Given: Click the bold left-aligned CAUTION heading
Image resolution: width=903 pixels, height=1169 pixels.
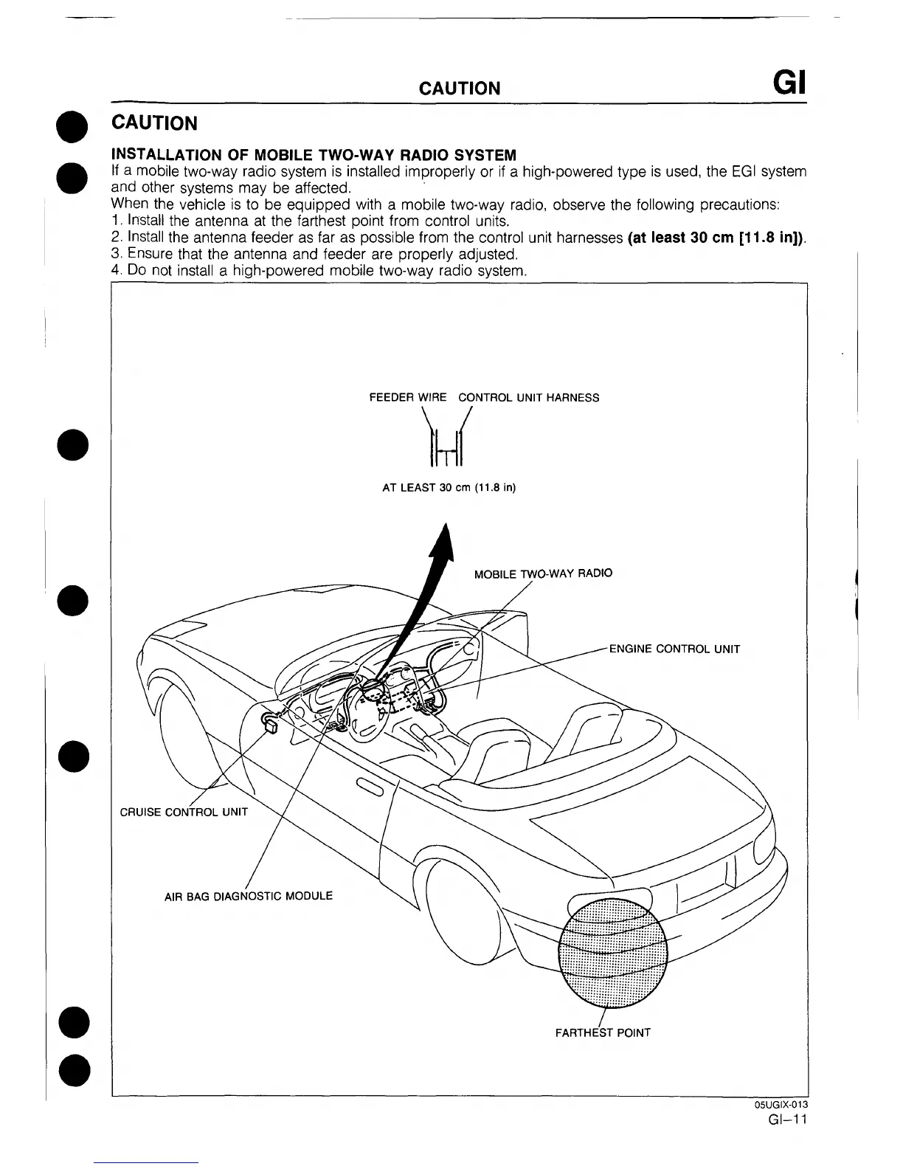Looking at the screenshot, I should point(154,123).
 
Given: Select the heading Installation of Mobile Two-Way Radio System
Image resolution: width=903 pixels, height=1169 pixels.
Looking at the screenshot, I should point(314,155).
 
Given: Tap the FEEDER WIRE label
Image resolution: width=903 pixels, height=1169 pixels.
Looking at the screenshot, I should point(407,398).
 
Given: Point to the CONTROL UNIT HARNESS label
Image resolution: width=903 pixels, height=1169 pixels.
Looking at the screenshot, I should point(529,398).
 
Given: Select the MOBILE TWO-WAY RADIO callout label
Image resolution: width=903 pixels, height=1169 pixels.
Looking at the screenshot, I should point(543,573).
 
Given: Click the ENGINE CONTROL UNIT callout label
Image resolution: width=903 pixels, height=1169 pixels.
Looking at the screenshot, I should point(674,649).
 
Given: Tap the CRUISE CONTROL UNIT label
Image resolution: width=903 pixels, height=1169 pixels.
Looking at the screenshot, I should point(184,813).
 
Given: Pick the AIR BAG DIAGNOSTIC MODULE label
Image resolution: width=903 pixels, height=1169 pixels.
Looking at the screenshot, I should point(248,897).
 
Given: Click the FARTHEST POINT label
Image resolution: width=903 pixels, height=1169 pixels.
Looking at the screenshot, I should point(603,1032).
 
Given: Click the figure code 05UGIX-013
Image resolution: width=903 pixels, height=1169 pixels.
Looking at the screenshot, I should point(781,1105).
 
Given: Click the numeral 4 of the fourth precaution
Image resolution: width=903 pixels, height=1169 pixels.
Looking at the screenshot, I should point(115,270).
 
